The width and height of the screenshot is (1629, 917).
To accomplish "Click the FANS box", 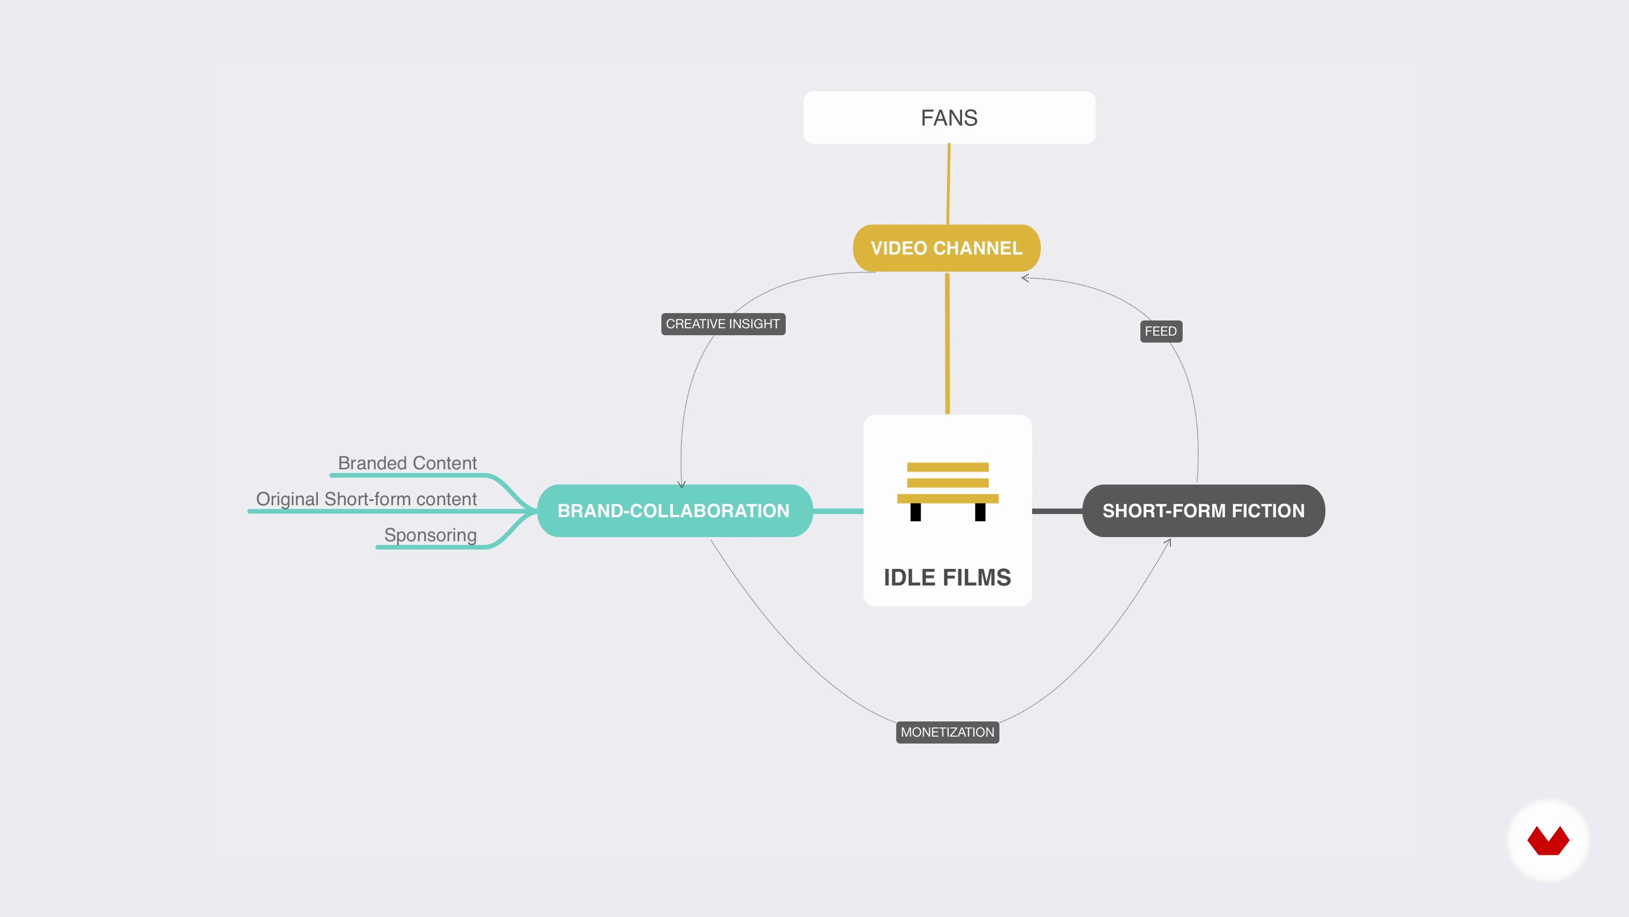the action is (x=949, y=118).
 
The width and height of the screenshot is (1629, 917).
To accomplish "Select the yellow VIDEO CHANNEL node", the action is (x=947, y=248).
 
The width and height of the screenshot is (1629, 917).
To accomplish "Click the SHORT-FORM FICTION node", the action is (x=1204, y=511).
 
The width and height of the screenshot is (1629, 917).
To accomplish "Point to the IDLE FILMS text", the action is (x=947, y=577).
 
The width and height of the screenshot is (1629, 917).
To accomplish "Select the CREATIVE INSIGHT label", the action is (x=723, y=324).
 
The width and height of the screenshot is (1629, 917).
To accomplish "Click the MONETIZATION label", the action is (x=947, y=732).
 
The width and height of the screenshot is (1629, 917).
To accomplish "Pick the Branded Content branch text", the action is (x=407, y=463).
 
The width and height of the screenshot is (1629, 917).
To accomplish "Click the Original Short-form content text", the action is (x=366, y=499).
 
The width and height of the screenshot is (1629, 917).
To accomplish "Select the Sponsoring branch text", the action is (x=431, y=535).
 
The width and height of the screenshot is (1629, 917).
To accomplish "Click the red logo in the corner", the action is (x=1548, y=841).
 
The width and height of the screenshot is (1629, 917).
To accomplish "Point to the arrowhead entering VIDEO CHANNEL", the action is (x=1024, y=278).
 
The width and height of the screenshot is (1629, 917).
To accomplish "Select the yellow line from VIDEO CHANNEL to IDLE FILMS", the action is (x=947, y=343).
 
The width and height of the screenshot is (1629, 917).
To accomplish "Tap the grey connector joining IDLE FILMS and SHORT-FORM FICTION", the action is (x=1057, y=511).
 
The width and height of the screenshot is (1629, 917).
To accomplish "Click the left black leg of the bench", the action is (x=916, y=512).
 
